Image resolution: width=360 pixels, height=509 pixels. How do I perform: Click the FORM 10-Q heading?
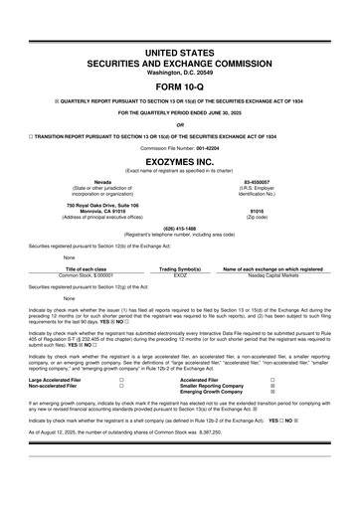tap(180, 83)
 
